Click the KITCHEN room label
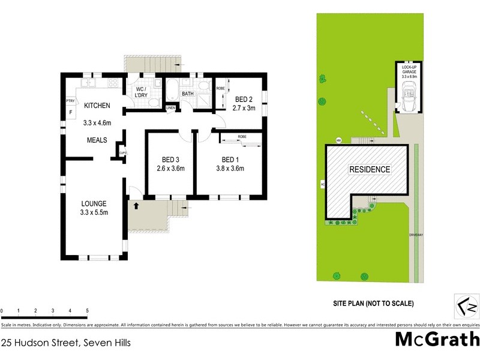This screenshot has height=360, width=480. point(97,106)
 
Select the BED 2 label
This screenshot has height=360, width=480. point(244,100)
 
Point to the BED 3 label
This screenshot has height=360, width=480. point(171,160)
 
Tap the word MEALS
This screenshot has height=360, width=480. point(96,140)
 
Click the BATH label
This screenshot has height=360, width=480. point(188,94)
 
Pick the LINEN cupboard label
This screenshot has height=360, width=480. point(171,108)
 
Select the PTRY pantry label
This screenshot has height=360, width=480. point(70,101)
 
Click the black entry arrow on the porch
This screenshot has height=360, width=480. point(136,206)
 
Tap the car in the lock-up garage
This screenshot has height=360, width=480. point(409,97)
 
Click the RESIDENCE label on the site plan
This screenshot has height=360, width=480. point(370,170)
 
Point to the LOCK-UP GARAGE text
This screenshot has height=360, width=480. point(409,71)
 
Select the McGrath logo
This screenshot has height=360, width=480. point(437,339)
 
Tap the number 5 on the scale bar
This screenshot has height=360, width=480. point(88,310)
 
